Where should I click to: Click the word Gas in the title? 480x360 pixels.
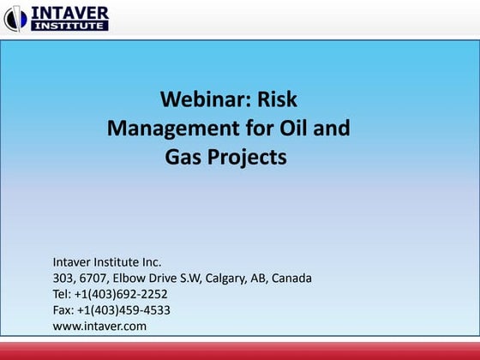184,158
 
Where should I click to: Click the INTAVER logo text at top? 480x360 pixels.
69,12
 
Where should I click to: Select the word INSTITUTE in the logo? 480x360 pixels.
69,26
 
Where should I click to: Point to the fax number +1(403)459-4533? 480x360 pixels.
122,309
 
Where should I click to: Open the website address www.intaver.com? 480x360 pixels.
99,326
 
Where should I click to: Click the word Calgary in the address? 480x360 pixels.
228,278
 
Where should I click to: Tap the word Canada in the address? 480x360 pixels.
292,278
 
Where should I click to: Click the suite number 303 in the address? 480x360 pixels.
64,278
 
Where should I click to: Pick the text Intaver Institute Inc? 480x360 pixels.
107,261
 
